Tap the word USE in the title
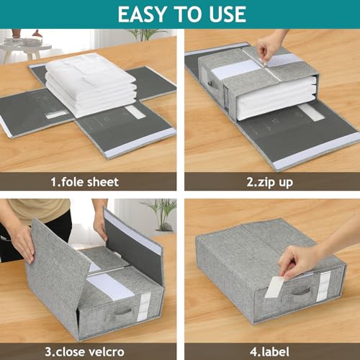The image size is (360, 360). click(223, 14)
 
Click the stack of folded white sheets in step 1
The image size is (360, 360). click(91, 83)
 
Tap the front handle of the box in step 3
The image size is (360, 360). click(123, 311)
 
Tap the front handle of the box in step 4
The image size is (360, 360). click(301, 292)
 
